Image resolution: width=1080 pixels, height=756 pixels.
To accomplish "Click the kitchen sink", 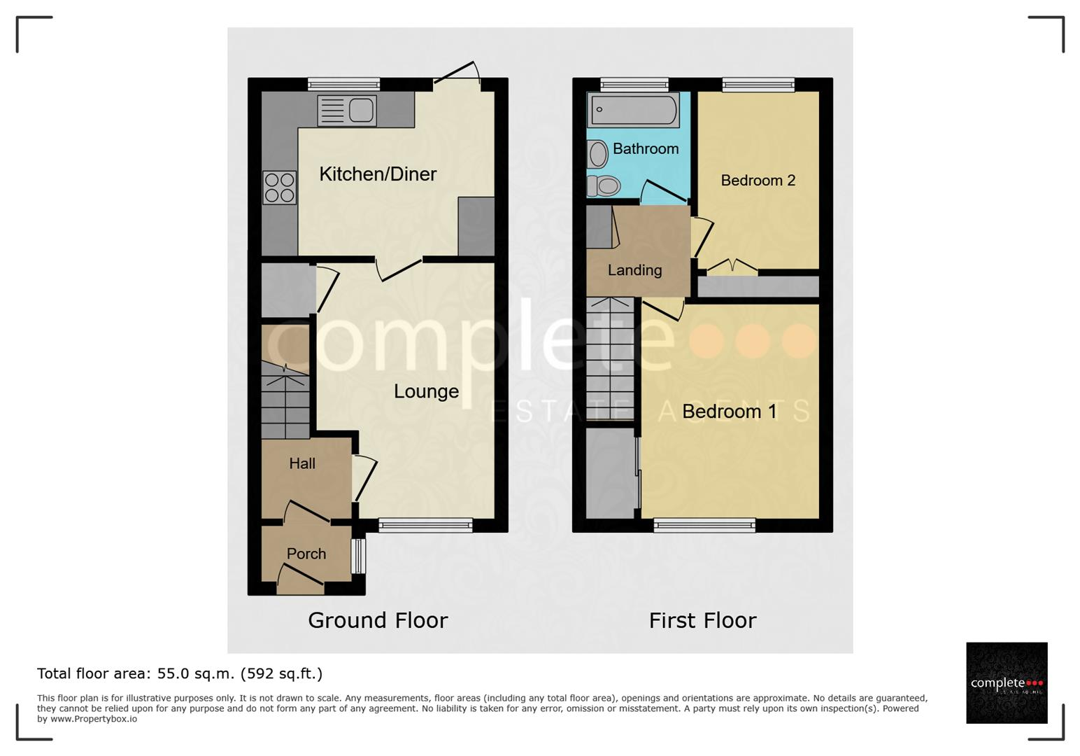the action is [x=347, y=111].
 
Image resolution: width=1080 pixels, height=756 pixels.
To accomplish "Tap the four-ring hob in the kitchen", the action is [x=280, y=187].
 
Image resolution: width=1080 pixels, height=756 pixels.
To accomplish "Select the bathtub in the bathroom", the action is [x=633, y=110].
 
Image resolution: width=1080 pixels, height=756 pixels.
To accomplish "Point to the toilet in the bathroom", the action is [x=604, y=185].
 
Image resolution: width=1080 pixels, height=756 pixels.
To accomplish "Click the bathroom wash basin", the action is [x=597, y=154].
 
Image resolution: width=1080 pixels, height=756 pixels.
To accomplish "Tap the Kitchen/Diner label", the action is [x=378, y=174].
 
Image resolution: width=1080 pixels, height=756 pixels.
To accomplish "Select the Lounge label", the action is [x=426, y=391].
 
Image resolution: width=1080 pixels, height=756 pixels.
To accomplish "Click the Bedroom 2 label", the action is [x=758, y=181].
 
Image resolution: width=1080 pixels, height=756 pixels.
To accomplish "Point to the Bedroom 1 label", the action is [x=730, y=412].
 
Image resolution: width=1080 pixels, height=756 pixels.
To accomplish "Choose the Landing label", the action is [x=634, y=270].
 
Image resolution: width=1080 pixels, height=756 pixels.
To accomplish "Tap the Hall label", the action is [x=302, y=463].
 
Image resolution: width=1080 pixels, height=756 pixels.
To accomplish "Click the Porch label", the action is [x=306, y=554].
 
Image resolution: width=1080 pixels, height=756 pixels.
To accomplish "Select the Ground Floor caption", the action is [x=378, y=620].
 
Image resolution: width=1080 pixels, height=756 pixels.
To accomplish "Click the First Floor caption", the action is [x=702, y=620].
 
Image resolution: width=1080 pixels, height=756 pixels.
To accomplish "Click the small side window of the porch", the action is [x=358, y=556].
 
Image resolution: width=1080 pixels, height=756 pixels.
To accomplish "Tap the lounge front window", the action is [x=425, y=526].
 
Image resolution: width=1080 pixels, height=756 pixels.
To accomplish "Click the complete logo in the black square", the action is [x=1007, y=682].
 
